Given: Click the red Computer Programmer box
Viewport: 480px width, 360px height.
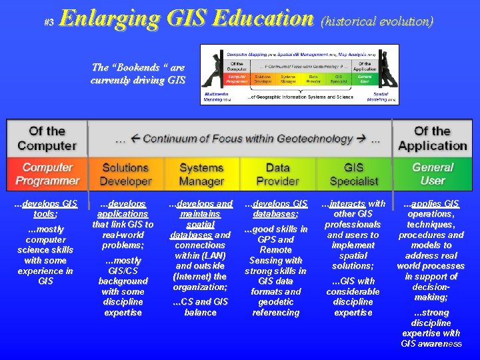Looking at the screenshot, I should tap(47, 174).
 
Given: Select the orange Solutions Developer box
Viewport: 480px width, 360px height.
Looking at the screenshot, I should tap(125, 174).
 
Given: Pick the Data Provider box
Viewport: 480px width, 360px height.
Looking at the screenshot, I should tap(277, 174).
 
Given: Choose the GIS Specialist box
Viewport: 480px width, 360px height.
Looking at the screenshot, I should tap(353, 174).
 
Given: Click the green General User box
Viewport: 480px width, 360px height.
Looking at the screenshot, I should tap(432, 174).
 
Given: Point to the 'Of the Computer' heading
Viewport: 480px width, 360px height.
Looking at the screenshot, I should tap(47, 138).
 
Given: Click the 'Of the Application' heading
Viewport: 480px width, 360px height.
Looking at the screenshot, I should tap(432, 138).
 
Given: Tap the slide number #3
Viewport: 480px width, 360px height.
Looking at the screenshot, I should tap(48, 22).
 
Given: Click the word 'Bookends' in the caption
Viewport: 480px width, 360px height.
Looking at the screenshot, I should tap(136, 67).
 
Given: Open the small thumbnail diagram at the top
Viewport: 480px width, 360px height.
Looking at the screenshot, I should tap(299, 74).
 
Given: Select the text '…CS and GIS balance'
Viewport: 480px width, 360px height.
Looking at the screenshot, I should tap(200, 307).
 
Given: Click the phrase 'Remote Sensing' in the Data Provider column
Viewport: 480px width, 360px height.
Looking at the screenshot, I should tap(276, 255).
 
